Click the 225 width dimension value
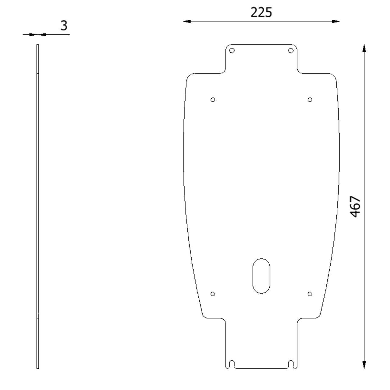[261, 12]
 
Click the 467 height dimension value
[355, 207]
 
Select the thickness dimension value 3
[64, 26]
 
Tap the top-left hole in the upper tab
[232, 50]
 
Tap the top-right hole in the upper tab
[291, 50]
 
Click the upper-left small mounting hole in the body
[213, 100]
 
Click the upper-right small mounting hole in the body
[310, 100]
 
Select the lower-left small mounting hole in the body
[213, 294]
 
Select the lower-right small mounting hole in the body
[310, 294]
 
